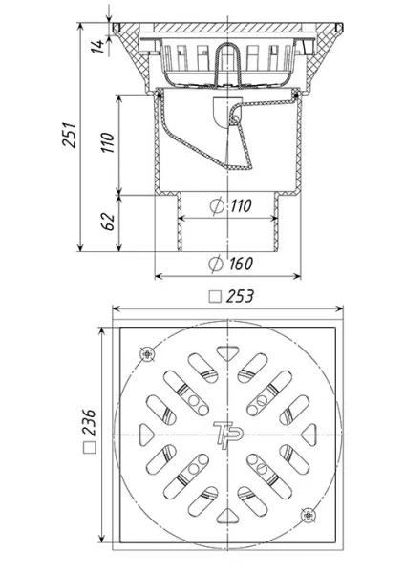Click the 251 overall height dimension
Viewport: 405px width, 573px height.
click(69, 135)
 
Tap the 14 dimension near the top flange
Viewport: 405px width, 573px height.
click(97, 47)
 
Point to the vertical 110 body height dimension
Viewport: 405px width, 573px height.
click(109, 142)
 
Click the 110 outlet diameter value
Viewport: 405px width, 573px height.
click(241, 205)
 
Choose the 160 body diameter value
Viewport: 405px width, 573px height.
click(241, 264)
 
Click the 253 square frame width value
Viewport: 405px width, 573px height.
click(240, 296)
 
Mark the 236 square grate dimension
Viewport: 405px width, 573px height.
click(89, 423)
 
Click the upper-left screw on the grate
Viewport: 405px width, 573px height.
click(147, 354)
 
